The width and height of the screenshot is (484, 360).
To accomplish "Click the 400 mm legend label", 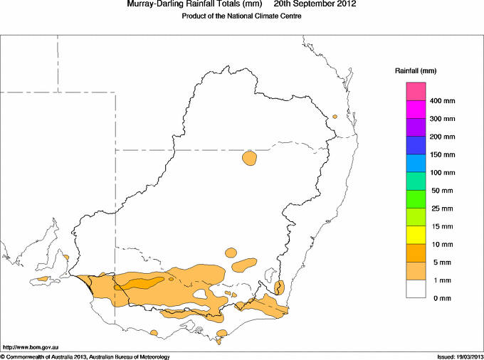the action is tap(442, 101).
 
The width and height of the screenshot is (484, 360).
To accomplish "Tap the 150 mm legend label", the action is tap(442, 154).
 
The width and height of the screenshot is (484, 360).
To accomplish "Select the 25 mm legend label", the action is tap(442, 208).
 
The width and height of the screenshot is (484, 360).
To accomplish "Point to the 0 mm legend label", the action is tap(442, 298).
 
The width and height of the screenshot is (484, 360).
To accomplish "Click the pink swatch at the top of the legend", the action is tap(416, 92).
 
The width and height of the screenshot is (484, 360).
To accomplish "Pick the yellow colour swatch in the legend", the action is tap(416, 235).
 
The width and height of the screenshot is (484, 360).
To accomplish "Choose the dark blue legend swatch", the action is tap(416, 145).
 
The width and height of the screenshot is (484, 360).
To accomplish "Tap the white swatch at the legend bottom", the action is tap(416, 289).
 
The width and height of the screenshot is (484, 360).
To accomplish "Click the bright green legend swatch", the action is tap(416, 199).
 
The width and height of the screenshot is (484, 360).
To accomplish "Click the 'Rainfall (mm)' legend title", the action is tap(416, 71).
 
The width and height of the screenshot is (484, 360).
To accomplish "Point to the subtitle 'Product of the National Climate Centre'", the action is tap(241, 16).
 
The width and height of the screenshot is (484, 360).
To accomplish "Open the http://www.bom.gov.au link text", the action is tap(30, 347).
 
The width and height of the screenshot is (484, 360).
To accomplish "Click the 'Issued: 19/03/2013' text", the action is tap(460, 357).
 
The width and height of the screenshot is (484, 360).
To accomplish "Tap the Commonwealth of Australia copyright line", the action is tap(86, 357).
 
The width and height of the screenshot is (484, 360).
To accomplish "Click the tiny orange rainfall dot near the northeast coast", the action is tap(335, 117).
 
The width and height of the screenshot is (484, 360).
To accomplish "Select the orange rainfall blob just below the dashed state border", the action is tap(249, 158).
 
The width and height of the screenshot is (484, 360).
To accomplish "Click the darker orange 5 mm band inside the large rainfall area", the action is tap(140, 284).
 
